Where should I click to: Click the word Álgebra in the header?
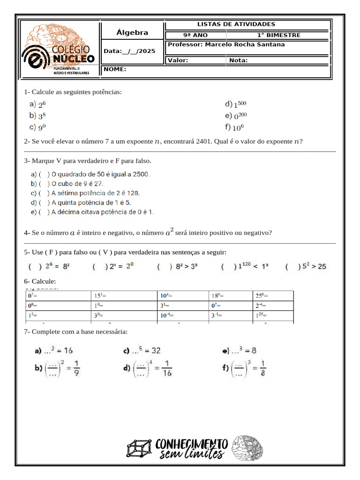[x=132, y=33]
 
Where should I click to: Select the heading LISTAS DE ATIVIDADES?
[x=236, y=24]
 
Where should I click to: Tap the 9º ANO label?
[x=195, y=35]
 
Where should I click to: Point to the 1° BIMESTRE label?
[x=278, y=35]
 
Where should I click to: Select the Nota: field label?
[x=238, y=60]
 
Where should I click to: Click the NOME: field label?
[x=115, y=69]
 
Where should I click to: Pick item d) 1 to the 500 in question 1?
[x=235, y=105]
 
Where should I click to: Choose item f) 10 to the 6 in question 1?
[x=234, y=127]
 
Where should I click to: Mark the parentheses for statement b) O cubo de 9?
[x=44, y=183]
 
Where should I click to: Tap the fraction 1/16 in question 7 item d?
[x=168, y=368]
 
